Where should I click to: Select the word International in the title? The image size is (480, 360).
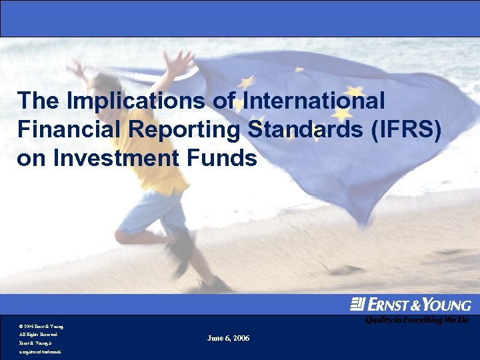click(313, 101)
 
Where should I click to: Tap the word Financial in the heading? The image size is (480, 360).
click(71, 130)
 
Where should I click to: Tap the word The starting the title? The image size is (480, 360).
click(39, 101)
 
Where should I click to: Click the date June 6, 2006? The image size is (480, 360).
click(229, 339)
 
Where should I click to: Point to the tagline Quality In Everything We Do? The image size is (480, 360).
click(416, 320)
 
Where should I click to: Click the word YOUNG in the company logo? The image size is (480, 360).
click(445, 305)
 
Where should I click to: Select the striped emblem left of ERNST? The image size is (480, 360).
click(357, 304)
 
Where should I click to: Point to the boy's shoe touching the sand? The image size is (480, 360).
click(213, 285)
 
